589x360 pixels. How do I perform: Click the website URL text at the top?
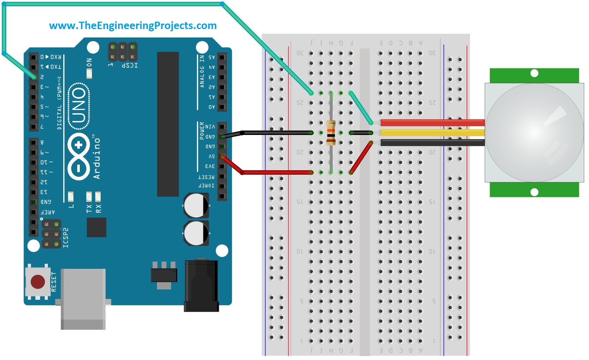(x=133, y=25)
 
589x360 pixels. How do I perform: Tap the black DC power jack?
(x=201, y=286)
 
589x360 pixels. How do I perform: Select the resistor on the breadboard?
(x=331, y=133)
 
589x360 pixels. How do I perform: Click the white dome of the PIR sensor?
(x=534, y=132)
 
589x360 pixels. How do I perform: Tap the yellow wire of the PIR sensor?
(x=432, y=133)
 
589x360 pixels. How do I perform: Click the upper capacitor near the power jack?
(x=196, y=206)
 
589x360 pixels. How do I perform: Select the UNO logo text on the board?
(x=79, y=106)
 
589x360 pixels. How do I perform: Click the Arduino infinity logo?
(x=78, y=156)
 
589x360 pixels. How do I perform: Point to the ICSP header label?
(x=129, y=65)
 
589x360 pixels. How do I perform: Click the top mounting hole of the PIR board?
(x=535, y=73)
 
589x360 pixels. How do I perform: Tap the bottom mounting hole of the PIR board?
(x=535, y=192)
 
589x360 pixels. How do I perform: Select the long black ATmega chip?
(x=168, y=124)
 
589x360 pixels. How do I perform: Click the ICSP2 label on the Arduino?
(x=66, y=238)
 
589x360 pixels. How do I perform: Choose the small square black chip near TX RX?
(x=96, y=227)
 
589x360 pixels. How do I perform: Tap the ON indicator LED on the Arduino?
(x=89, y=73)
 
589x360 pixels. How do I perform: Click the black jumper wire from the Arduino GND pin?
(x=276, y=133)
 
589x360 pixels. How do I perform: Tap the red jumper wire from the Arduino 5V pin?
(x=276, y=172)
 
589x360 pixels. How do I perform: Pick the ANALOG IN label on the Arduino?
(x=202, y=71)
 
